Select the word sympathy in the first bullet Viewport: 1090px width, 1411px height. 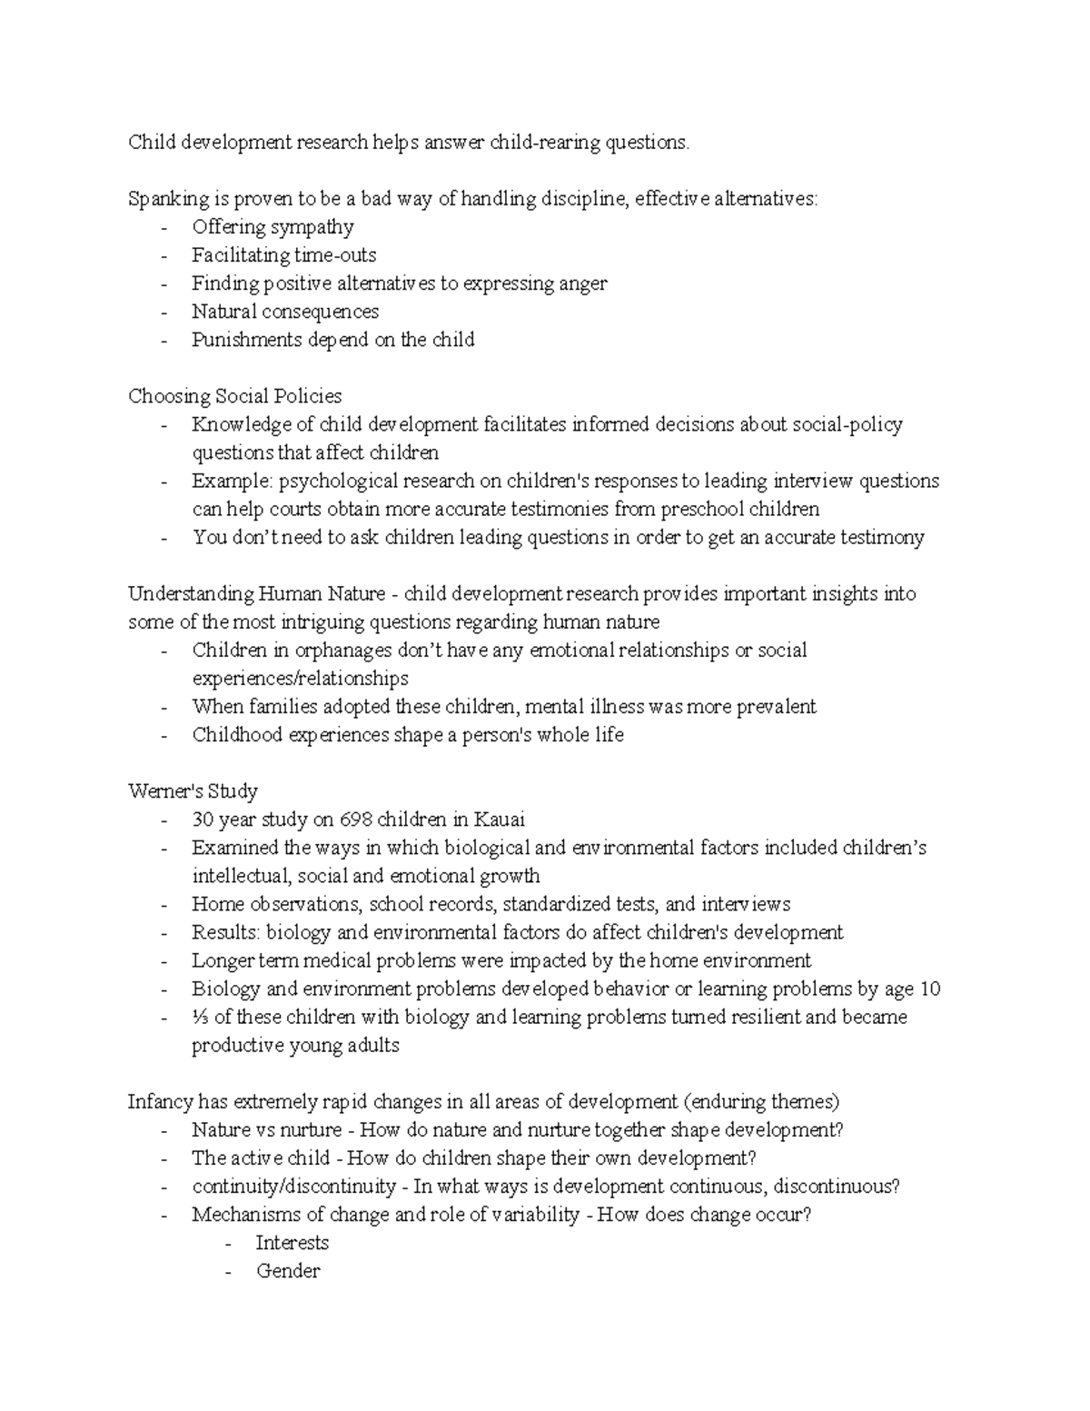312,227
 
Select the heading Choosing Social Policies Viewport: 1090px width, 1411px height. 234,396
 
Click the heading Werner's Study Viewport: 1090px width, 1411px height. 193,791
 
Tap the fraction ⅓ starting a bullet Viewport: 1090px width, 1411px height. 199,1017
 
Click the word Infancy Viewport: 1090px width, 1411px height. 160,1102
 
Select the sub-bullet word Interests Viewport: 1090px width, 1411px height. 292,1243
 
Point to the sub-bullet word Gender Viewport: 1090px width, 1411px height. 288,1271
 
